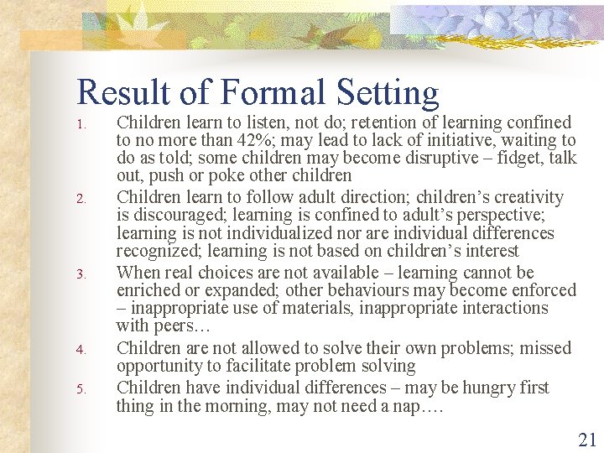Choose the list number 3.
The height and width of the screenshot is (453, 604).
pyautogui.click(x=81, y=274)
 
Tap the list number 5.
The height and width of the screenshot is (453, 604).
pyautogui.click(x=81, y=389)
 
